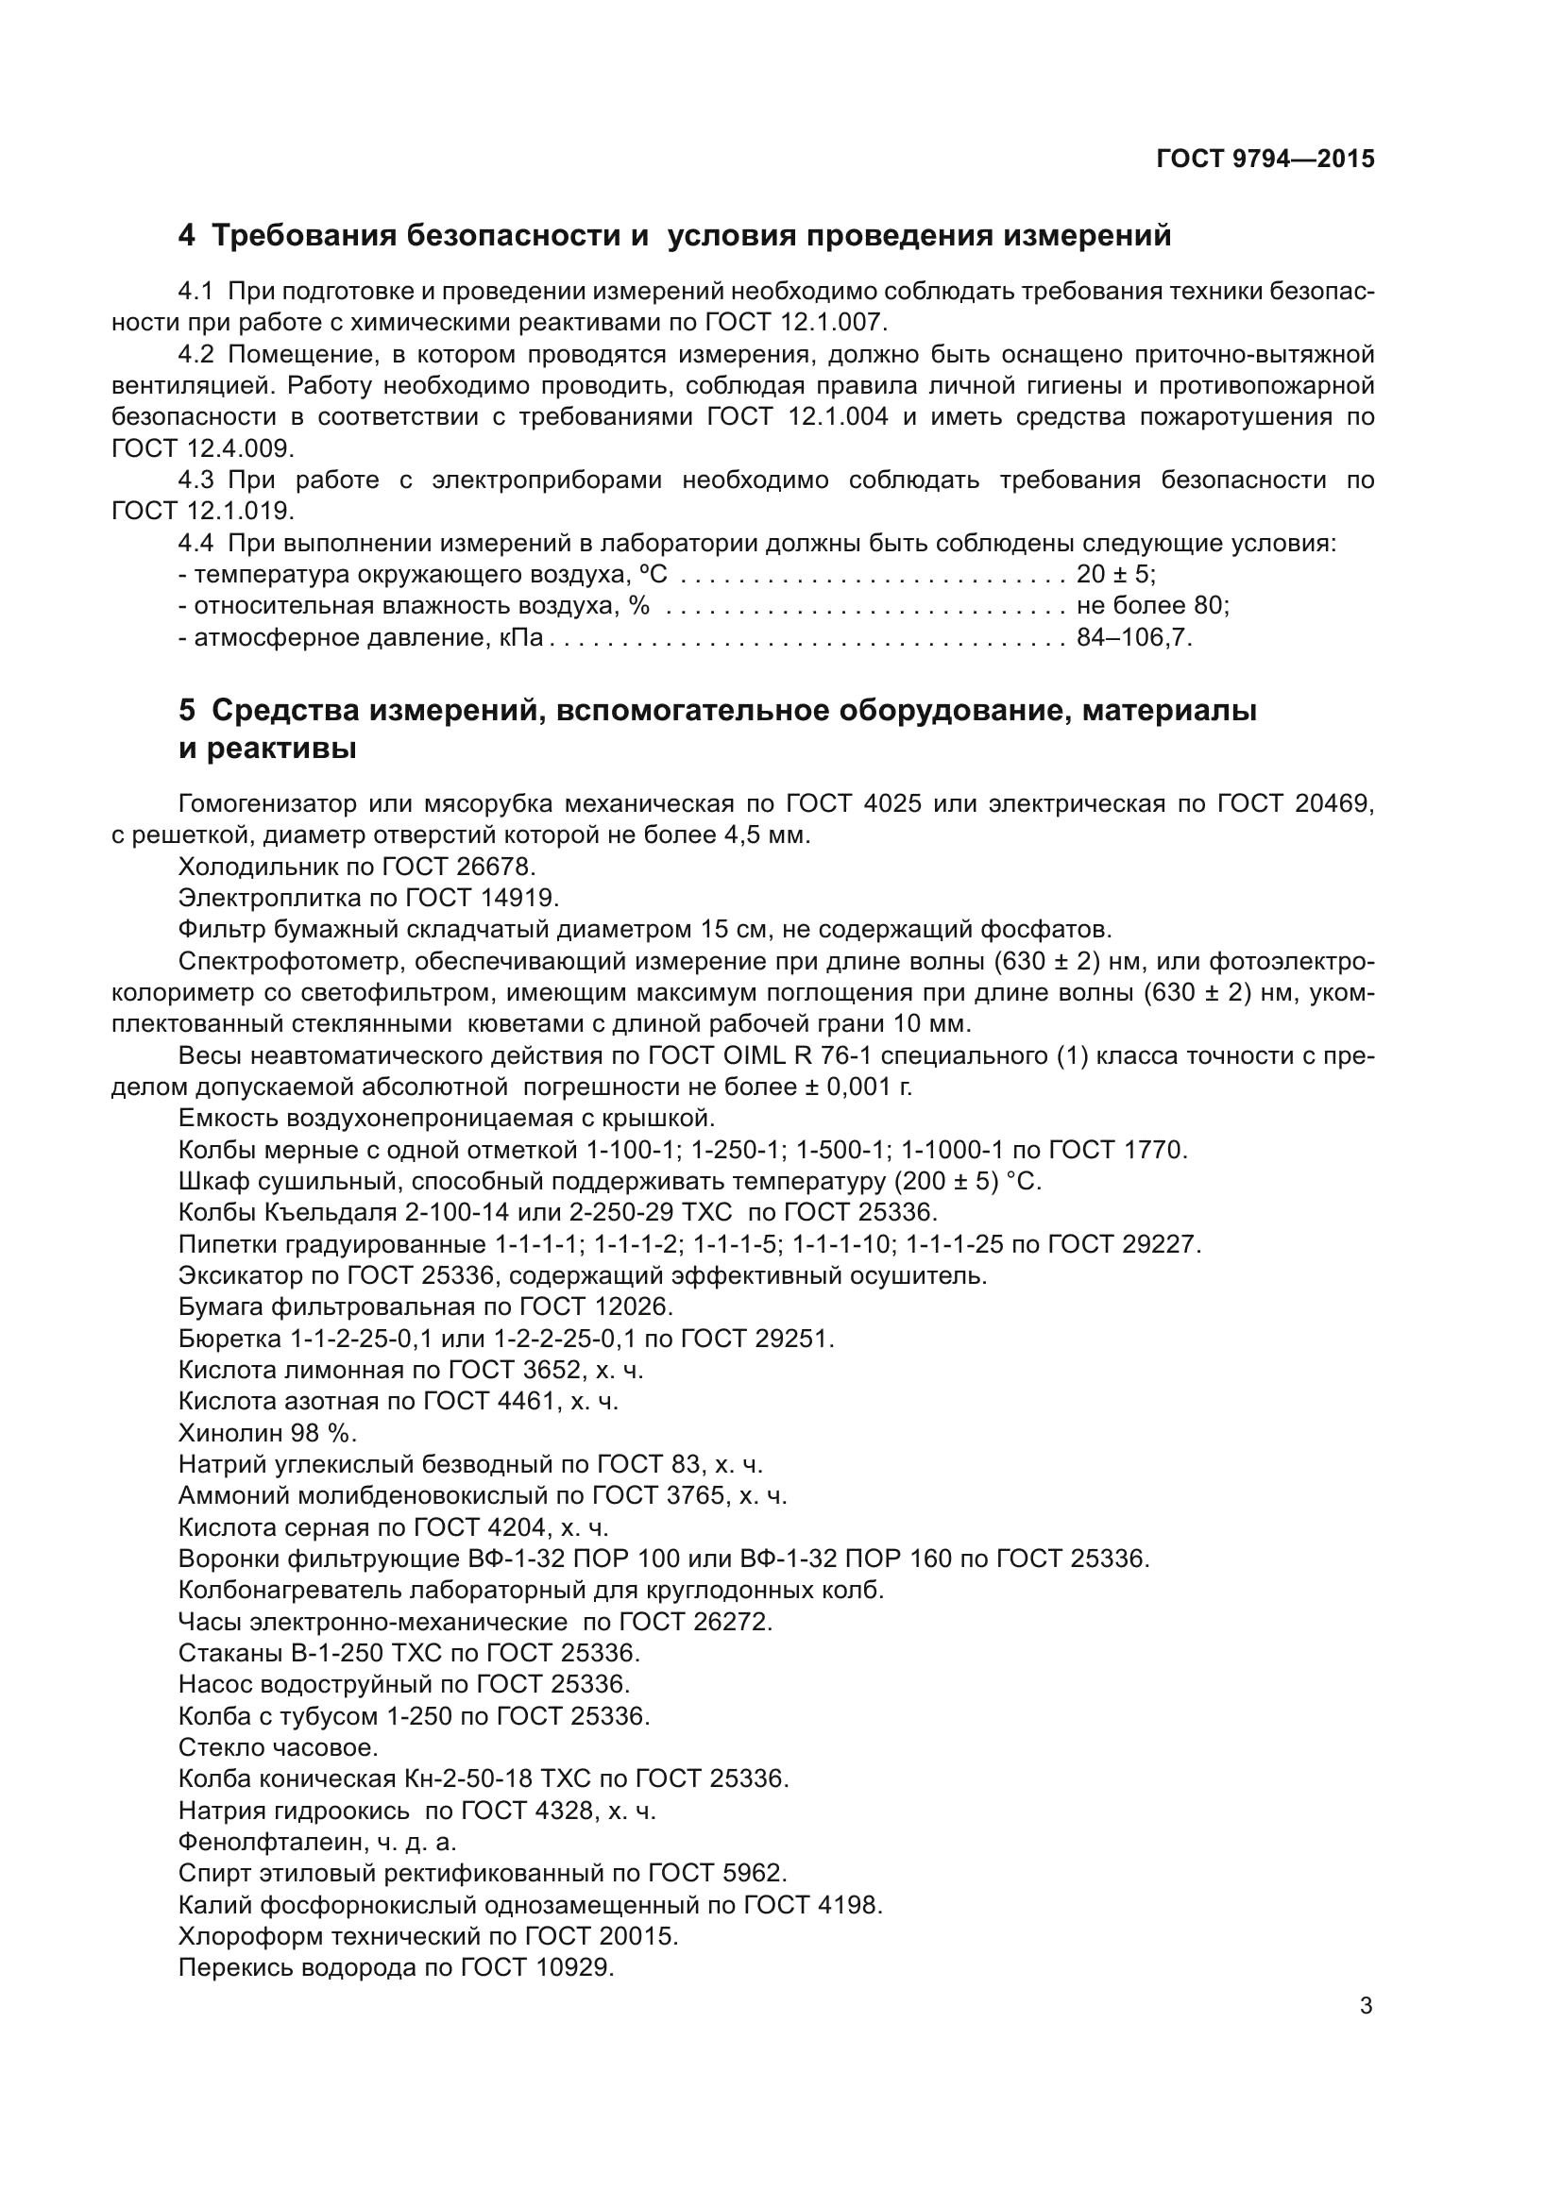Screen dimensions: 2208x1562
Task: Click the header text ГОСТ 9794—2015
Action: tap(1265, 160)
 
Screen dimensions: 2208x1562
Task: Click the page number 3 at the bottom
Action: tap(1366, 2006)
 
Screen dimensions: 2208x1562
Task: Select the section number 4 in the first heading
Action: tap(186, 236)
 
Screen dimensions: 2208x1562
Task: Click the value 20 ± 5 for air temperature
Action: tap(1113, 575)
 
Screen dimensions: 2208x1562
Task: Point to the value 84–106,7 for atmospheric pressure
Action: tap(1133, 637)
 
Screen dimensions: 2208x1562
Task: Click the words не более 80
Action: tap(1150, 606)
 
